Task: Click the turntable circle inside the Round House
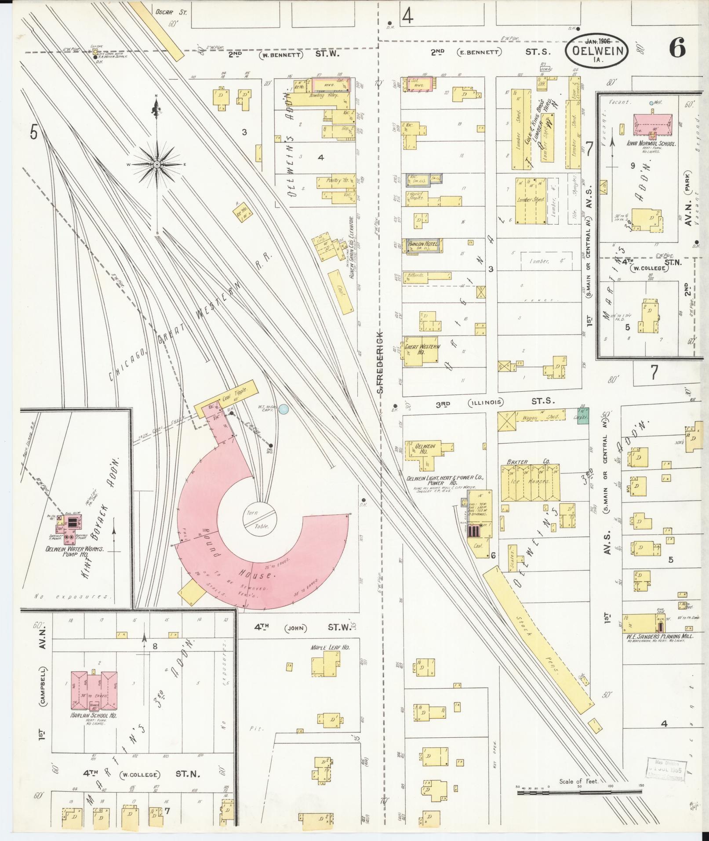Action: pyautogui.click(x=260, y=520)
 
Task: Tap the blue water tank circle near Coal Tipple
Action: pyautogui.click(x=284, y=409)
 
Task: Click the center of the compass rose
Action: pyautogui.click(x=156, y=164)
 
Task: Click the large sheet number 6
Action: pyautogui.click(x=677, y=48)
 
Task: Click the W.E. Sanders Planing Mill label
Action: pyautogui.click(x=657, y=636)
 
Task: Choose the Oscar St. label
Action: pyautogui.click(x=171, y=12)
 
